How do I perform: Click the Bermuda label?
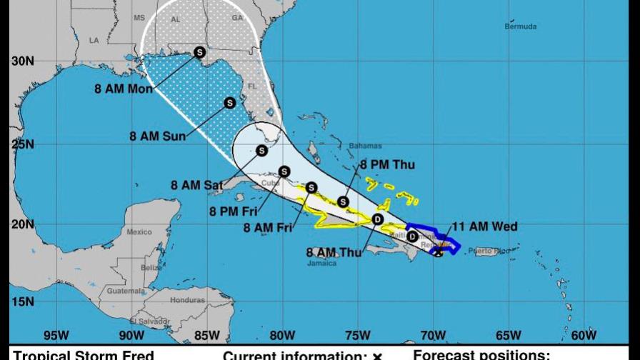[520, 27]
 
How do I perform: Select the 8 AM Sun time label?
[158, 136]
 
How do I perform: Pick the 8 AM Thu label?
[334, 252]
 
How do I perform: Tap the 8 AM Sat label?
[196, 185]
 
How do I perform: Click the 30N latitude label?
[22, 61]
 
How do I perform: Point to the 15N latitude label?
[22, 301]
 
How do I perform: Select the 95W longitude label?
[56, 335]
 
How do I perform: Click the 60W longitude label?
[584, 335]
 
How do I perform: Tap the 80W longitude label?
[282, 335]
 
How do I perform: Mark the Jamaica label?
[322, 263]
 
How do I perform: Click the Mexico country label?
[139, 232]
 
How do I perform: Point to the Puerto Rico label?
[499, 251]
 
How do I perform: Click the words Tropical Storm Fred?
[84, 355]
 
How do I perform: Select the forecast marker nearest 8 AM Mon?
[199, 51]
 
